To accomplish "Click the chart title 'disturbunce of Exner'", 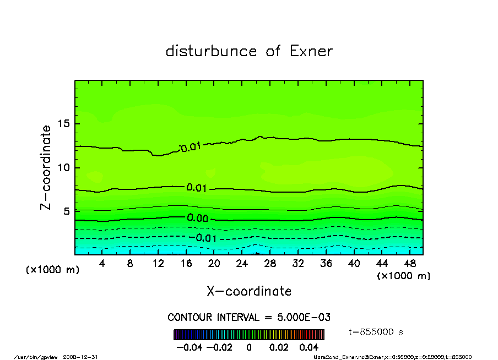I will pyautogui.click(x=249, y=51).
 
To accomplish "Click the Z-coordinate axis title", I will pyautogui.click(x=46, y=167).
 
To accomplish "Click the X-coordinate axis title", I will pyautogui.click(x=249, y=291).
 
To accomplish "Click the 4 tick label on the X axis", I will pyautogui.click(x=102, y=264).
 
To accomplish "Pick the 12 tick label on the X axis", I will pyautogui.click(x=158, y=264).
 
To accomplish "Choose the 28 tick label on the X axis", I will pyautogui.click(x=270, y=264).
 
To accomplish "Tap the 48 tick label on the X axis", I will pyautogui.click(x=409, y=264).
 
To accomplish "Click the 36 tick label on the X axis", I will pyautogui.click(x=326, y=264).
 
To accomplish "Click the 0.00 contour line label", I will pyautogui.click(x=197, y=218).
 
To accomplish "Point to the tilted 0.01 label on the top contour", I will pyautogui.click(x=191, y=147).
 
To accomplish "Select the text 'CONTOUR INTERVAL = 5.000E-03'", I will pyautogui.click(x=249, y=318).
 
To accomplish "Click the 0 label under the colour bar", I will pyautogui.click(x=249, y=347).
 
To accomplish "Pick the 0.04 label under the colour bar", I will pyautogui.click(x=308, y=347).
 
